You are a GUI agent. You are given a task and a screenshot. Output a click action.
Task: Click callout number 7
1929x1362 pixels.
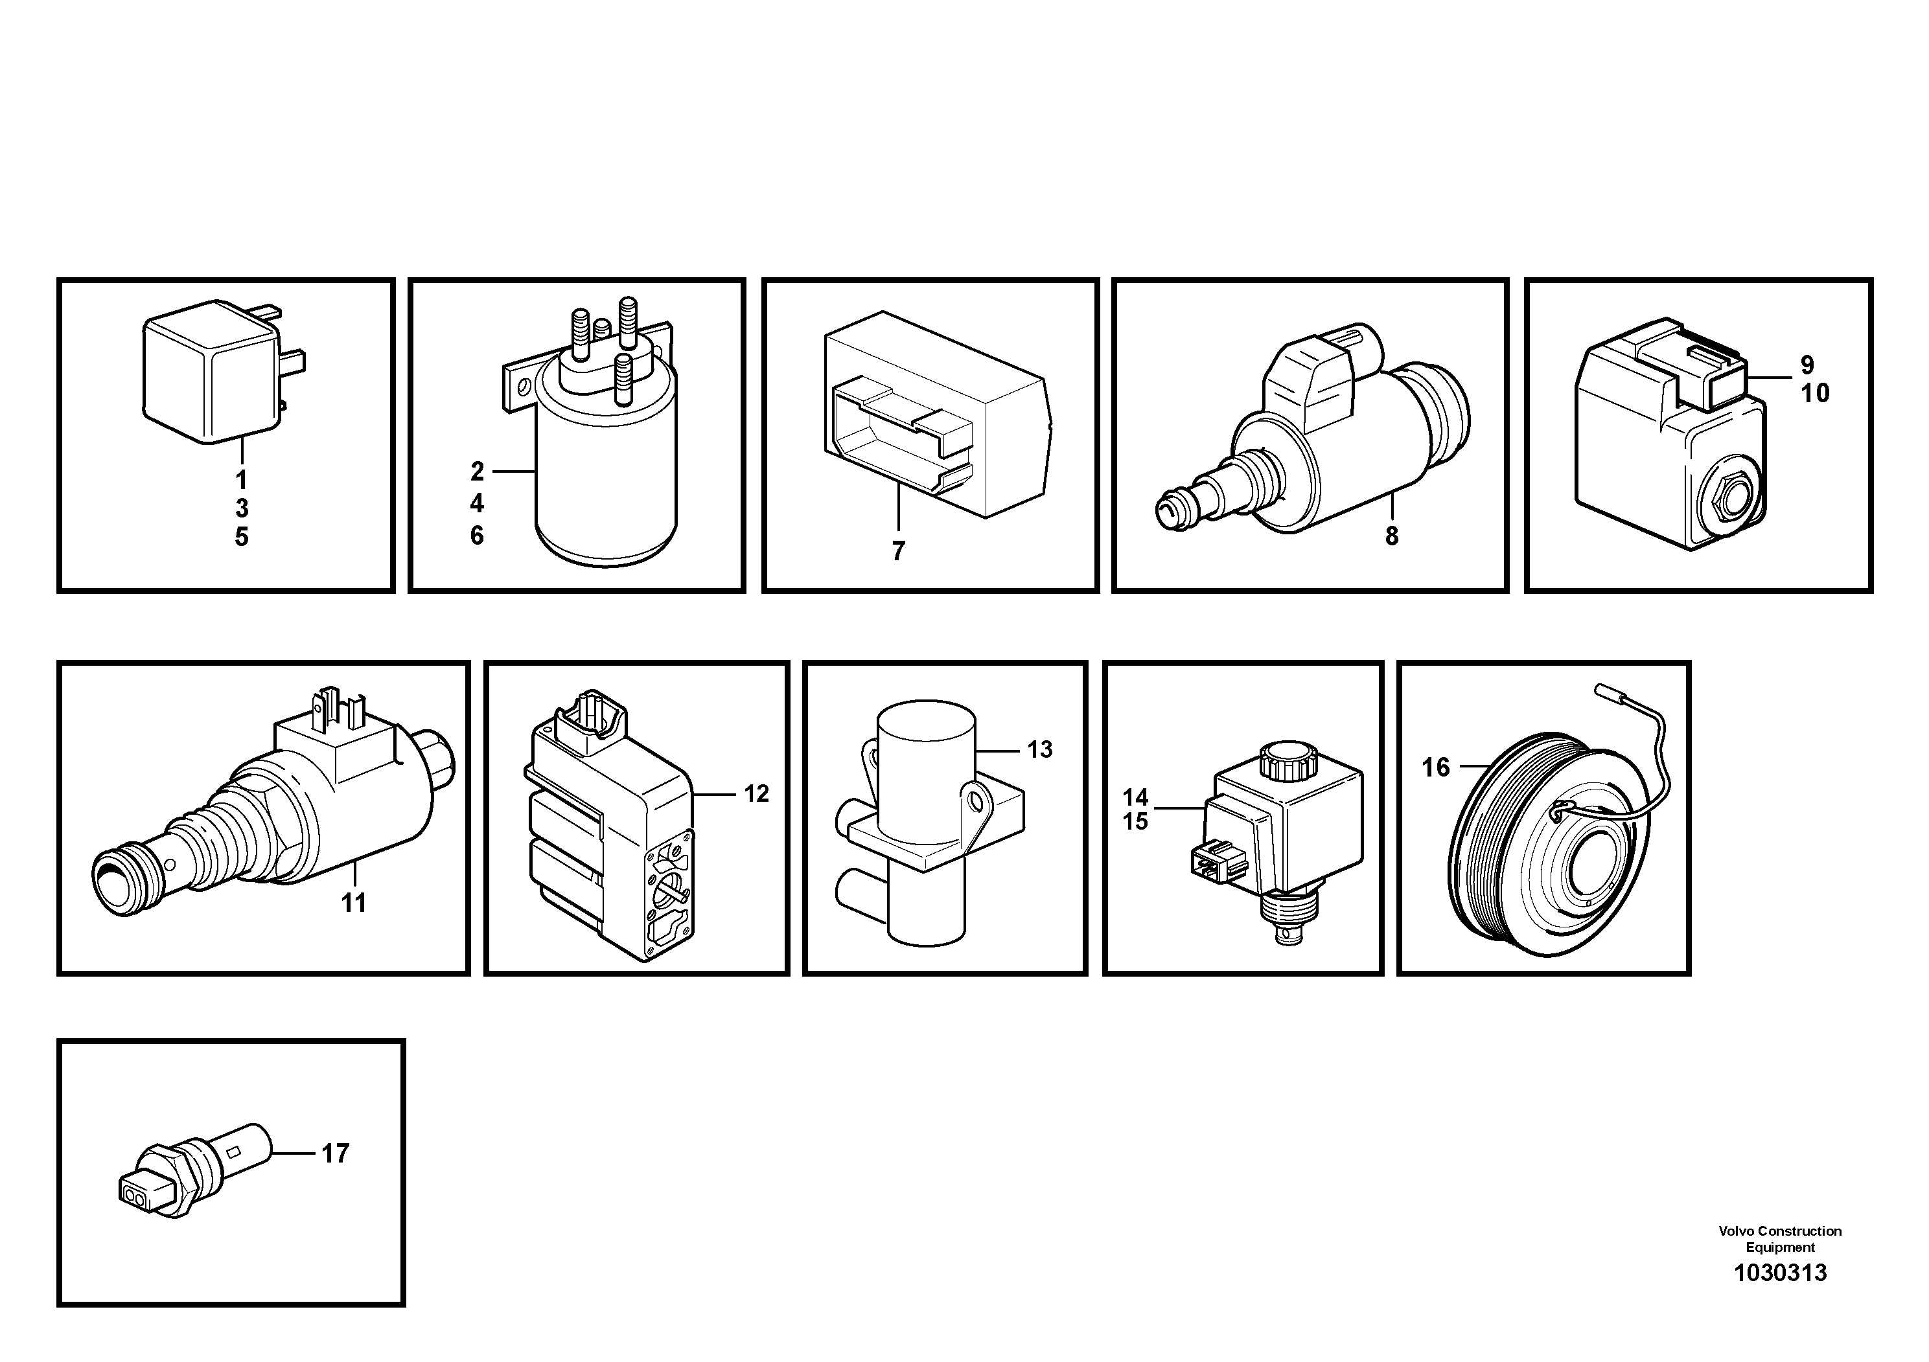[x=898, y=552]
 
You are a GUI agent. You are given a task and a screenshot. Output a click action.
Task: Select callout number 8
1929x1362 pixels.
[x=1391, y=536]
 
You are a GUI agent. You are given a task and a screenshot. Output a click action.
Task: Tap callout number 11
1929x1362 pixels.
[x=353, y=903]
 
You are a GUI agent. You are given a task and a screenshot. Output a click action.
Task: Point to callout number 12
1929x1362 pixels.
[x=756, y=793]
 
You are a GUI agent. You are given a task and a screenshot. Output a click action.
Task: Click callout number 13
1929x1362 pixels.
[x=1039, y=750]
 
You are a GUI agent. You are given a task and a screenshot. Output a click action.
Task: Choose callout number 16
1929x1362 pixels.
[x=1435, y=767]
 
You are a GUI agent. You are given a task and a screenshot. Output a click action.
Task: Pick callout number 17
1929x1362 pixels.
[x=335, y=1153]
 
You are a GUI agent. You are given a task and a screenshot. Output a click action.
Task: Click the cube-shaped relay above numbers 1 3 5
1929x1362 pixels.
[x=210, y=374]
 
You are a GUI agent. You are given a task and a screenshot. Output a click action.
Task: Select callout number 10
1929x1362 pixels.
[x=1815, y=394]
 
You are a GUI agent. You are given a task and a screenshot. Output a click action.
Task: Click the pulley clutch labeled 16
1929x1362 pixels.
[x=1546, y=848]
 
